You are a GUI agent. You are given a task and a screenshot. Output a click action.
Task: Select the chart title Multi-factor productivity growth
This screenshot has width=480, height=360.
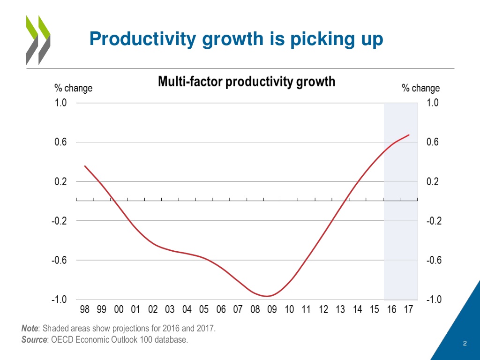point(247,82)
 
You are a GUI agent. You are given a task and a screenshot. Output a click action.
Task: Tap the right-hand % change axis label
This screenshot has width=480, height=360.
point(421,88)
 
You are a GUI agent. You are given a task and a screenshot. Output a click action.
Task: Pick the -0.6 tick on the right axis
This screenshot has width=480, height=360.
point(433,260)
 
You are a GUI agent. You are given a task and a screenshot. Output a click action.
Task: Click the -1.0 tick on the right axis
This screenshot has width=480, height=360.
point(433,300)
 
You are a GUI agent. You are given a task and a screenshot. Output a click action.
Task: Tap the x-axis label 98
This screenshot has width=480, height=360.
point(85,310)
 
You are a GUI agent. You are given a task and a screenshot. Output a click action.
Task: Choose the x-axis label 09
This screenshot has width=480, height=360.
point(272,310)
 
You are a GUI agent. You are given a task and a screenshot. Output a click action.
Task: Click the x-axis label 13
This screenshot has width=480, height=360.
point(341,310)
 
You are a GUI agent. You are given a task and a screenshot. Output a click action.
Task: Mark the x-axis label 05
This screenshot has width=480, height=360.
point(204,310)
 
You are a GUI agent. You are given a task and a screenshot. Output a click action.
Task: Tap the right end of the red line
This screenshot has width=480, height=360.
point(409,135)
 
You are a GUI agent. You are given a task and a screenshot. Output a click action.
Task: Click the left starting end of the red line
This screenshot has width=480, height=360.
point(85,165)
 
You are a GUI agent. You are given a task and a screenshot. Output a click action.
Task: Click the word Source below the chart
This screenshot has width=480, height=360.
point(32,340)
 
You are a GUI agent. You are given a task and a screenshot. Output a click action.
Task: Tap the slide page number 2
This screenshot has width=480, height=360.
point(465,344)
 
